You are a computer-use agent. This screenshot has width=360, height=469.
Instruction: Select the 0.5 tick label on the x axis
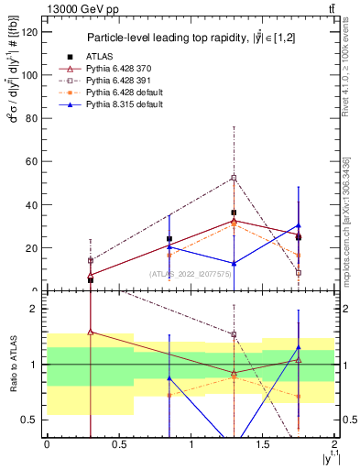click(x=118, y=446)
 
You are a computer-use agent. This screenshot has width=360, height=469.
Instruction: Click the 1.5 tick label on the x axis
click(x=263, y=446)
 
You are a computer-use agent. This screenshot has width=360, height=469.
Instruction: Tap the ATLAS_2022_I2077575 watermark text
click(x=189, y=274)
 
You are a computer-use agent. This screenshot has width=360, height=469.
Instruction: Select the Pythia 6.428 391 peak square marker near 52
click(x=235, y=178)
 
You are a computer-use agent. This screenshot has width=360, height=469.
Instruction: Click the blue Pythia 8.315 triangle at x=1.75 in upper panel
click(x=299, y=225)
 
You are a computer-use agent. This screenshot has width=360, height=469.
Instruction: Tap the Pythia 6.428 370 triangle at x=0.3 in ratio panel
click(x=90, y=333)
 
